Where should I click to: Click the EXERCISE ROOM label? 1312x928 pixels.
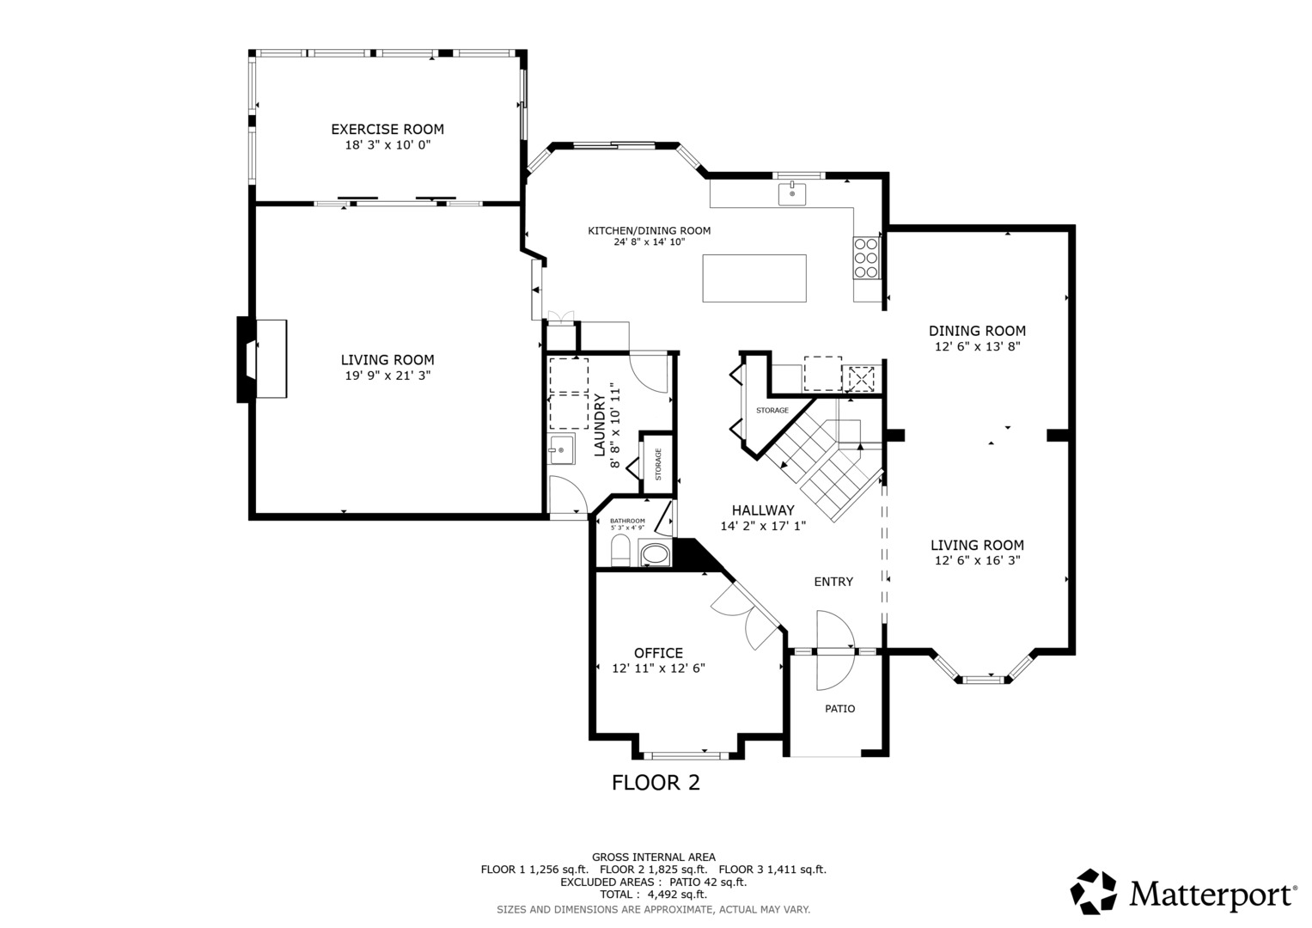point(387,130)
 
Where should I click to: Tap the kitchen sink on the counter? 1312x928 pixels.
point(792,194)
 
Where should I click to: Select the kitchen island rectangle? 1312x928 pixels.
point(754,278)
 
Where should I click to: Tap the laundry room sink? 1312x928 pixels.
point(561,449)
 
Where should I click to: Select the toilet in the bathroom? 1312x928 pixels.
point(621,551)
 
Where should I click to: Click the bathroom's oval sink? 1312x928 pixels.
point(656,554)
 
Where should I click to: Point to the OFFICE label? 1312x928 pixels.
point(658,653)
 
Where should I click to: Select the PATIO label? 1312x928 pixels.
point(839,709)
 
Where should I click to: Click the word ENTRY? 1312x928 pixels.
point(833,582)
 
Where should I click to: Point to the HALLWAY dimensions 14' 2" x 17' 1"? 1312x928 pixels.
point(763,526)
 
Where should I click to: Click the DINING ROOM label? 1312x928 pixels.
point(977,331)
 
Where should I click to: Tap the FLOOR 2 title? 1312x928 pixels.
point(656,783)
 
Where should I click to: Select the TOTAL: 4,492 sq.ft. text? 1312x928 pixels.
point(653,894)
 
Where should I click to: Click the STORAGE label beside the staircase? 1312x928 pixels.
point(772,411)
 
